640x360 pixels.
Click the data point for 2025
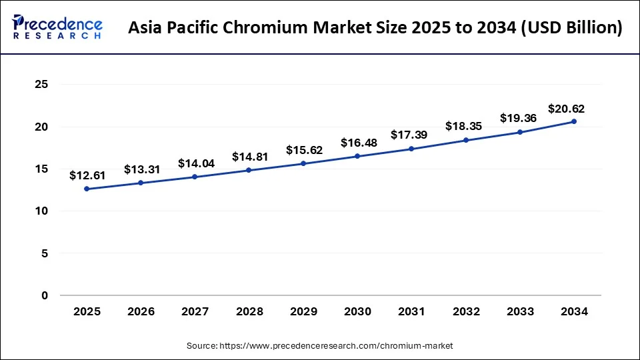pos(87,189)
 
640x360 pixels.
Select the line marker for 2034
pos(574,121)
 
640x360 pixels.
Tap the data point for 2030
pos(357,156)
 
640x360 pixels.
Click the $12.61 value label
pos(87,175)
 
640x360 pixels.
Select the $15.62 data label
pos(304,150)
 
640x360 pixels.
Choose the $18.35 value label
pos(466,127)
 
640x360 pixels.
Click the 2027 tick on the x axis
pos(195,311)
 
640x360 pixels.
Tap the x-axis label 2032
pos(466,311)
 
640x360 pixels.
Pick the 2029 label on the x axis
pos(303,311)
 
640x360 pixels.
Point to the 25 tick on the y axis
pos(41,85)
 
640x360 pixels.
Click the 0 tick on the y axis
pos(45,295)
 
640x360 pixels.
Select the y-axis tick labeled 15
pos(41,169)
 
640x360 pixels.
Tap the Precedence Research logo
pos(57,28)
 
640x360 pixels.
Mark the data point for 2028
pos(249,170)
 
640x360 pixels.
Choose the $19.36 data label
pos(519,118)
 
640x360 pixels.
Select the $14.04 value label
pos(195,163)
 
